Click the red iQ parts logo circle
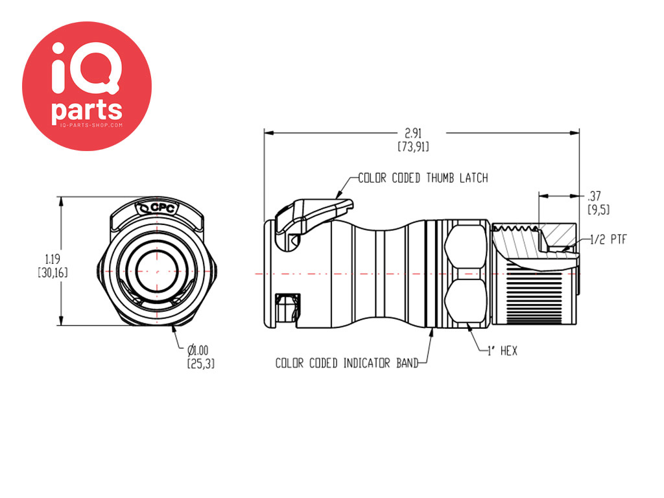(x=87, y=86)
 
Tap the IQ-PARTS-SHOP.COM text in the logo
(x=91, y=125)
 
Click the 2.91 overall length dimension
(x=413, y=134)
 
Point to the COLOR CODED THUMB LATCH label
(x=423, y=178)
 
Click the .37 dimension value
(x=594, y=196)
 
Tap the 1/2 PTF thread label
(x=608, y=240)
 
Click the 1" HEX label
(x=503, y=351)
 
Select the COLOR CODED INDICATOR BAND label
(x=347, y=363)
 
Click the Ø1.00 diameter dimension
(x=198, y=350)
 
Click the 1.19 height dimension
(x=53, y=259)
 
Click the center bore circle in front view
(x=157, y=271)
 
